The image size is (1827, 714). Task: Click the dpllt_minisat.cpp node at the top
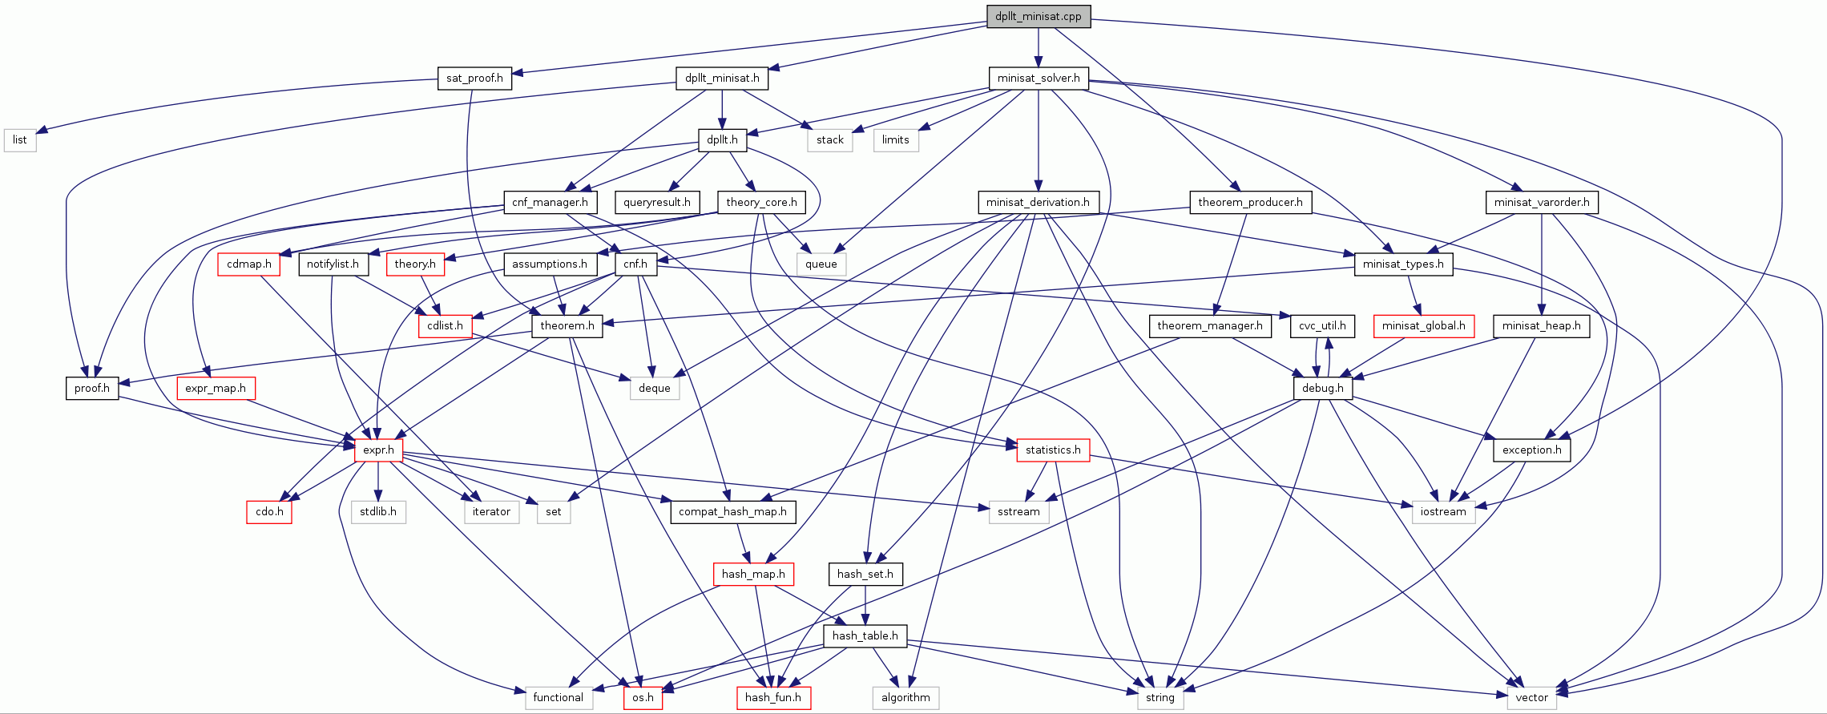(1038, 16)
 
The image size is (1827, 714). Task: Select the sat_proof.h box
(474, 78)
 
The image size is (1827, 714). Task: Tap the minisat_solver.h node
(1038, 78)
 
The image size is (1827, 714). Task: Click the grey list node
(20, 139)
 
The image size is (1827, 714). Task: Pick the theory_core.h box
(761, 202)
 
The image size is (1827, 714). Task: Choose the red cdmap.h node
(248, 264)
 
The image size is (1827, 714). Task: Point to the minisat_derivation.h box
(1038, 202)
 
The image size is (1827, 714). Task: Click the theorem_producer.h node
(1249, 202)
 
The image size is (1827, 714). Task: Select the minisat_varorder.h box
(1541, 202)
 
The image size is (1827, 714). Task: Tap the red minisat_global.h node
(1423, 325)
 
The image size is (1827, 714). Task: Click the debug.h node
(1322, 388)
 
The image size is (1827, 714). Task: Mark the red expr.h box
(378, 450)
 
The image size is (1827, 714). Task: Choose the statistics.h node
(1053, 450)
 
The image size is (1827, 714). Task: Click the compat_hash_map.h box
(732, 511)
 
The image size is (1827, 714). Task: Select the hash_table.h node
(865, 635)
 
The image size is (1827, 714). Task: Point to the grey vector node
(1531, 697)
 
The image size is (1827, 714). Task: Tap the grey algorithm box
(905, 697)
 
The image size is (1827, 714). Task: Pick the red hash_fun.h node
(773, 697)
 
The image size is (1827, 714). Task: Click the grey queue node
(821, 264)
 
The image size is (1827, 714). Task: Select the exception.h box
(1531, 450)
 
